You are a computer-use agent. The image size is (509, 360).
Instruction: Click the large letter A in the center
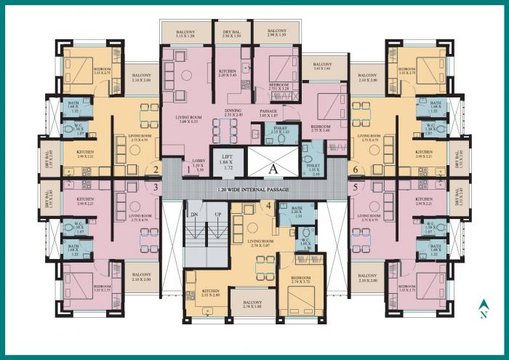click(x=272, y=167)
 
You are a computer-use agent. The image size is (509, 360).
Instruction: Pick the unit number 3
click(x=155, y=187)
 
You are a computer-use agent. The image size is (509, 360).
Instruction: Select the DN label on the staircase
click(x=193, y=215)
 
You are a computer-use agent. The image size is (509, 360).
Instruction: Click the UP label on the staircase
click(x=218, y=215)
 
